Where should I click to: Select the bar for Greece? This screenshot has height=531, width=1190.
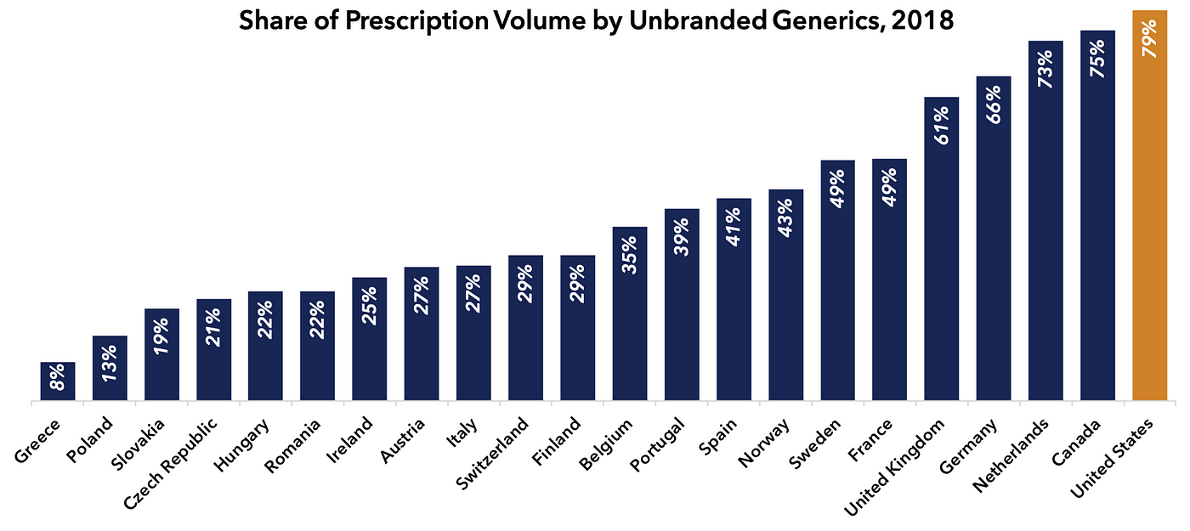point(58,381)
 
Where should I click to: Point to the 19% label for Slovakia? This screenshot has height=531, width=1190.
point(162,332)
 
